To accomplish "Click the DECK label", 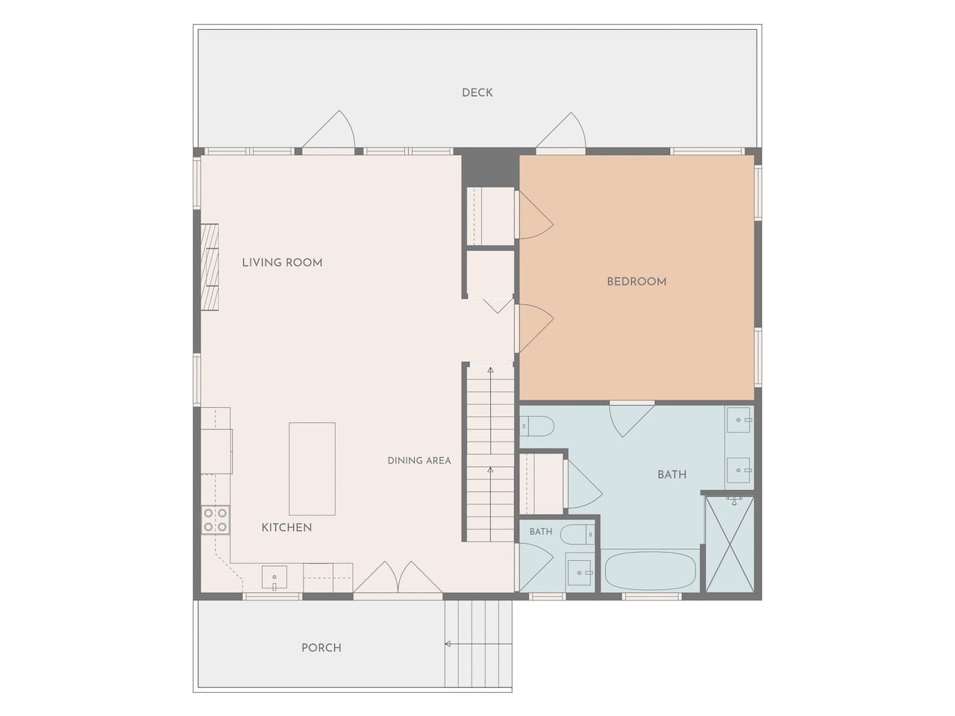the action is (477, 92).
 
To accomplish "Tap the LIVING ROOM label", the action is (282, 263).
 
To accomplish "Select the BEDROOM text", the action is (636, 282).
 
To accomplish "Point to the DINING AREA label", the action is (419, 460).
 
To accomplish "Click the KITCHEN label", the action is (286, 527).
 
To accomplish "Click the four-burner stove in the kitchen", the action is (216, 520).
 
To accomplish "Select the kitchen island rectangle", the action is (312, 468).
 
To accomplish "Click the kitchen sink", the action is (274, 577).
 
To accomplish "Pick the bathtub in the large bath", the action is (649, 571).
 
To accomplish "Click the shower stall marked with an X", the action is (730, 544).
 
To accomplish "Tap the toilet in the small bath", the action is (577, 535).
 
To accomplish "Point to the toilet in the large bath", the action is (537, 427).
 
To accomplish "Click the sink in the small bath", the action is (580, 573).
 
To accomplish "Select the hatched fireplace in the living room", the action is (209, 267).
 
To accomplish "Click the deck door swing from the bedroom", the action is (561, 131).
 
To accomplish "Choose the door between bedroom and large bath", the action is (632, 419).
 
